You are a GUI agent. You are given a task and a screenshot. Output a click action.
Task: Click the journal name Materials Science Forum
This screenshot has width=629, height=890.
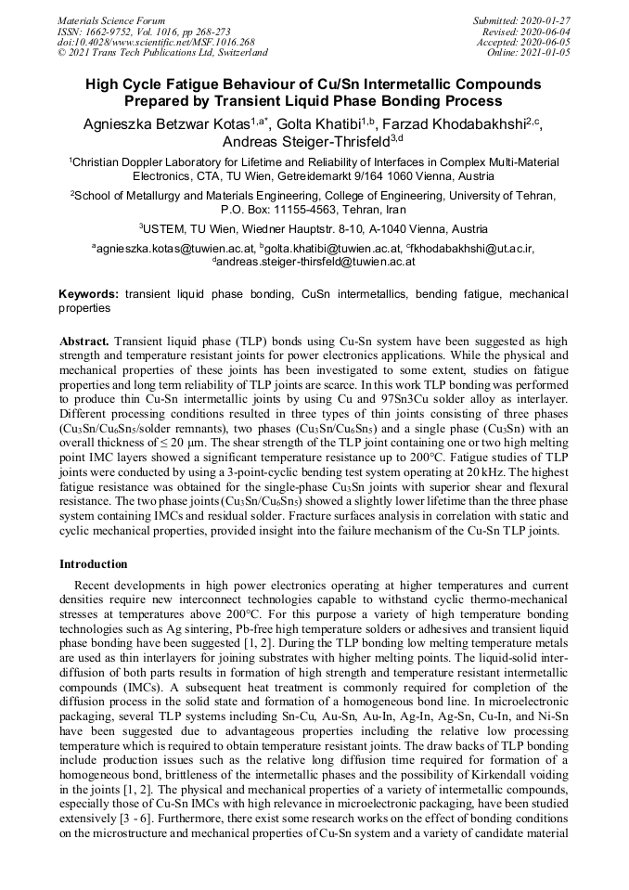(111, 20)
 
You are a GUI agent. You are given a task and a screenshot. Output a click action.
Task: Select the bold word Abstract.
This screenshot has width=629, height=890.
(84, 342)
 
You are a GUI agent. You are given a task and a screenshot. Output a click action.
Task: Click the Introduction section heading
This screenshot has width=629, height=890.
(94, 563)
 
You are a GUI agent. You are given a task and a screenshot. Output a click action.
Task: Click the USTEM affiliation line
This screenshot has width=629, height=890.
(314, 229)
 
